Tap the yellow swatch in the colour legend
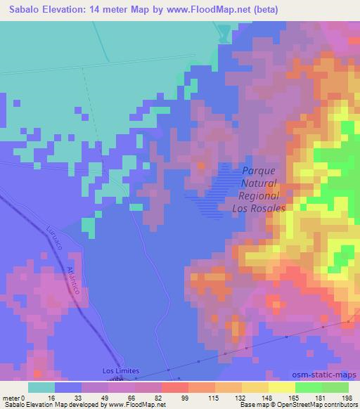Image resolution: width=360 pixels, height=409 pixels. tap(281, 387)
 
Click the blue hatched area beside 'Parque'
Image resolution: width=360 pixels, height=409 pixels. tap(218, 190)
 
